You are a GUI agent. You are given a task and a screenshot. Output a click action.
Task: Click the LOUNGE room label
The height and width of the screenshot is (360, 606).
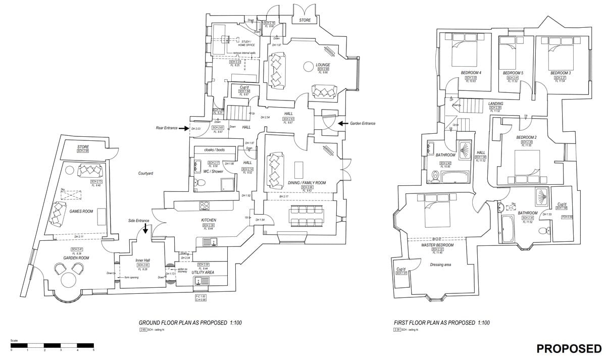(x=323, y=65)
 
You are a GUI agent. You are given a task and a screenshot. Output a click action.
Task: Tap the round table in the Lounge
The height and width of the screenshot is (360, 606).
(x=309, y=67)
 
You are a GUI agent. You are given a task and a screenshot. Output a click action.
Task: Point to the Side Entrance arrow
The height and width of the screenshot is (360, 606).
(x=145, y=228)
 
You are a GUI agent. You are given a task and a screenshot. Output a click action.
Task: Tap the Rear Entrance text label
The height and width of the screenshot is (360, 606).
(x=167, y=128)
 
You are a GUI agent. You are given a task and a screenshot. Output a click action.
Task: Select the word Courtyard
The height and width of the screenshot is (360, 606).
(x=146, y=174)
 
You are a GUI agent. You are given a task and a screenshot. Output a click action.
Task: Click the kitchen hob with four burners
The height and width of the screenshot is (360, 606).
(x=205, y=205)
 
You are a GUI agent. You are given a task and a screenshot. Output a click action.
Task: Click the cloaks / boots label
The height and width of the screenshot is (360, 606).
(x=214, y=150)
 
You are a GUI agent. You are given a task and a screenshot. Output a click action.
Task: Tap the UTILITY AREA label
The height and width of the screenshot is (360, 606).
(x=203, y=272)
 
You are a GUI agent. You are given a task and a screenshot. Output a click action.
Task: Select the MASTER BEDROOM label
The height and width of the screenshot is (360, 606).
(x=437, y=245)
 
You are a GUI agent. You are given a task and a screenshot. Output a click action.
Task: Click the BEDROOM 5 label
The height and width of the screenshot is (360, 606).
(x=513, y=73)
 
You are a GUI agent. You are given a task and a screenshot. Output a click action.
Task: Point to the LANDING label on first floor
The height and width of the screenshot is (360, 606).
(x=495, y=104)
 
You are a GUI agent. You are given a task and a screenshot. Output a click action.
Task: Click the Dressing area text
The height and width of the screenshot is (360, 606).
(x=440, y=265)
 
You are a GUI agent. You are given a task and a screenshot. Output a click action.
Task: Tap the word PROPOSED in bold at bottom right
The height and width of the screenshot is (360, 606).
(x=569, y=348)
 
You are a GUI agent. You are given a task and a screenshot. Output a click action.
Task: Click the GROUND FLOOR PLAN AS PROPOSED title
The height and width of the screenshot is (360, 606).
(x=190, y=323)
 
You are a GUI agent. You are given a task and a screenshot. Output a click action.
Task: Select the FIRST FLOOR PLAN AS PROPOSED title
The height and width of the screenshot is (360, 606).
(x=442, y=323)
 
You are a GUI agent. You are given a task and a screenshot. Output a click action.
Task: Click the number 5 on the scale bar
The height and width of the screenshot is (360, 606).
(x=93, y=350)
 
